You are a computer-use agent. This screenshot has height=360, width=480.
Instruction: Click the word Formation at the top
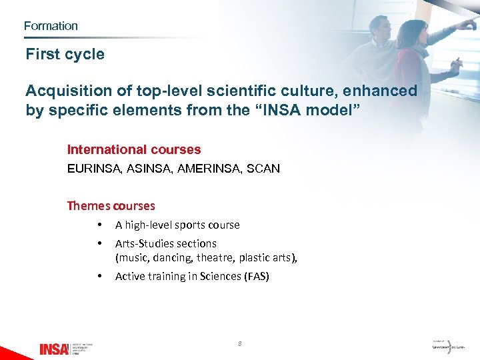point(51,26)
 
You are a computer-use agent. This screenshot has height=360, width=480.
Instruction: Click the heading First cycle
point(65,55)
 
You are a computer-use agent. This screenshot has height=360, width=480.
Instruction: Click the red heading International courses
point(134,150)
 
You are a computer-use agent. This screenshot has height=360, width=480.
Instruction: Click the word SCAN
point(263,169)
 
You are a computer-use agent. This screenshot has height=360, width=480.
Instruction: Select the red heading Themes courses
point(111,205)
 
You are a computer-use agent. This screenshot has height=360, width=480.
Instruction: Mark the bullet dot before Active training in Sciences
point(99,276)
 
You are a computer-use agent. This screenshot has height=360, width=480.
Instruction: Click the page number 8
point(240,344)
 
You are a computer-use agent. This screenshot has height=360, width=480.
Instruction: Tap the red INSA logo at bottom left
point(54,348)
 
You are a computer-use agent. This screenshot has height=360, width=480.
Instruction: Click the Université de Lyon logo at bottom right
point(448,346)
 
